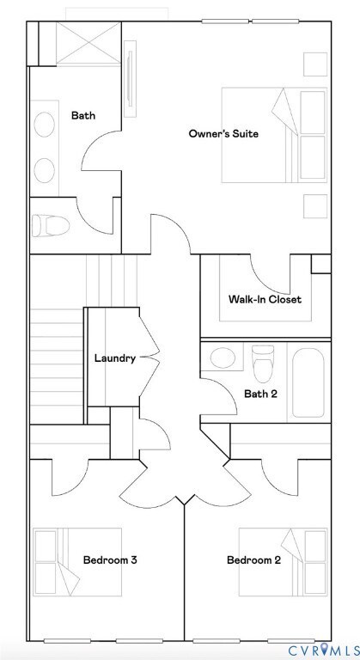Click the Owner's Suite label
pyautogui.click(x=223, y=133)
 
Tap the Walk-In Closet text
pyautogui.click(x=265, y=300)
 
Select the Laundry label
pyautogui.click(x=114, y=358)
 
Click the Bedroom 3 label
pyautogui.click(x=110, y=560)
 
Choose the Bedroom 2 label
pyautogui.click(x=253, y=560)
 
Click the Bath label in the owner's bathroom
pyautogui.click(x=83, y=114)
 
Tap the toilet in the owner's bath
pyautogui.click(x=50, y=226)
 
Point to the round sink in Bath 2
pyautogui.click(x=223, y=358)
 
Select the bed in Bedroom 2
pyautogui.click(x=284, y=560)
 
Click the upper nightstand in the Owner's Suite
pyautogui.click(x=314, y=64)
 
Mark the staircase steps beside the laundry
pyautogui.click(x=57, y=352)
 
